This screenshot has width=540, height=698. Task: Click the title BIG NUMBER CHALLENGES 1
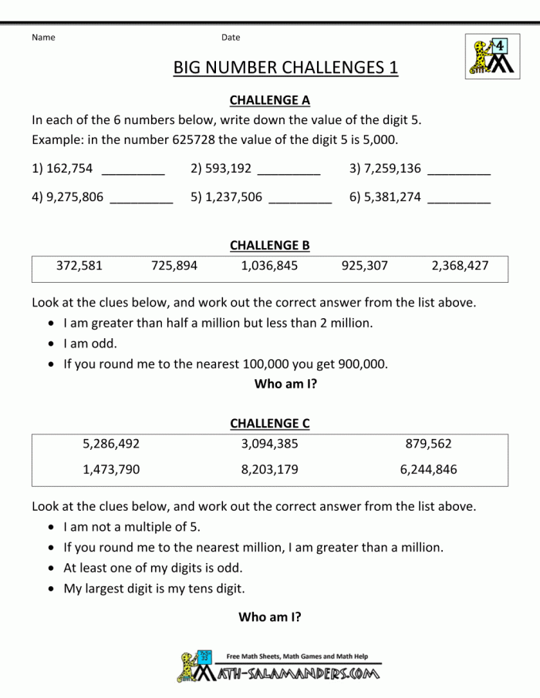click(285, 68)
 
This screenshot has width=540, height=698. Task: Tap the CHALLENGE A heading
click(269, 100)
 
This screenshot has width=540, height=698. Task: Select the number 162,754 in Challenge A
click(69, 169)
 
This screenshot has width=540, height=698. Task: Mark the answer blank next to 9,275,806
click(141, 199)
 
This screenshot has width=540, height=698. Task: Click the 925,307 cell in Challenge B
click(364, 266)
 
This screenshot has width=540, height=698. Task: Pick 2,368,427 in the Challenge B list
click(460, 266)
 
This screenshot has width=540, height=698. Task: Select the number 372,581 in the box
click(79, 266)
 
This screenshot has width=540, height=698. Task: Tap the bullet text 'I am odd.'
click(90, 344)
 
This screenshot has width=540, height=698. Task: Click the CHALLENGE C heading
click(269, 424)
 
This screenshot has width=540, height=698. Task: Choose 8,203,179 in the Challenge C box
click(269, 469)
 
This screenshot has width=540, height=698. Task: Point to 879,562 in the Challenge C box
click(428, 444)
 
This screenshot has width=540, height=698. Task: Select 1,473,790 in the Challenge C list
click(111, 469)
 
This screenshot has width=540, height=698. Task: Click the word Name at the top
click(43, 37)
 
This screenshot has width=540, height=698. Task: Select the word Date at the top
click(231, 37)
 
